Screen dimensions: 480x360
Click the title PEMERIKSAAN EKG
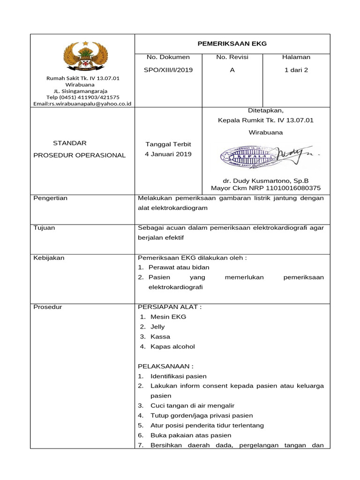[x=232, y=44]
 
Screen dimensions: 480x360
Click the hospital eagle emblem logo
[x=85, y=56]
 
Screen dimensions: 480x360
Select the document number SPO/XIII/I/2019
[x=169, y=70]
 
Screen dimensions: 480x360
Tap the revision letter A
[x=232, y=70]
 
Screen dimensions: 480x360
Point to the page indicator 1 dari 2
[x=296, y=70]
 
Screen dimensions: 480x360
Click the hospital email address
[x=82, y=104]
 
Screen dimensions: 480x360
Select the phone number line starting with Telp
[x=82, y=97]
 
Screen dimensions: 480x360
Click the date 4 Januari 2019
[x=168, y=154]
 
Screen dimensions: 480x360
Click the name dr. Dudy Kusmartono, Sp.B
[x=266, y=180]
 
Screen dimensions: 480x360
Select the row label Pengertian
[x=51, y=198]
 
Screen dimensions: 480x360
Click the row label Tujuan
[x=45, y=227]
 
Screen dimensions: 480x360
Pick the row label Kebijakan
[x=49, y=257]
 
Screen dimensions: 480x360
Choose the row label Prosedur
[x=48, y=307]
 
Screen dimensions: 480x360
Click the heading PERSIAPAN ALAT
[x=170, y=307]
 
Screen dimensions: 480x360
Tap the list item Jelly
[x=157, y=327]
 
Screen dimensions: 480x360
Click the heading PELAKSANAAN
[x=165, y=366]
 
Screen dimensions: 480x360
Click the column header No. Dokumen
[x=168, y=57]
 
